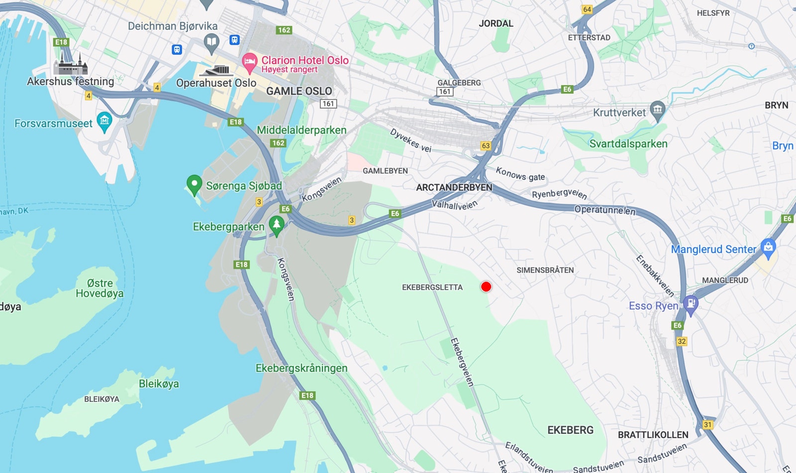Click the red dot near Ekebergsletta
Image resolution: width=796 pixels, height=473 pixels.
486,286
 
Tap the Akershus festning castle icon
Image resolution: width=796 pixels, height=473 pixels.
70,64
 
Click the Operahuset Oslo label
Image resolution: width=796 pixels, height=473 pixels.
216,83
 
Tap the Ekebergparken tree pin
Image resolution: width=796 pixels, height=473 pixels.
277,225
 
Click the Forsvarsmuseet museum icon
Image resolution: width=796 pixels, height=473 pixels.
104,121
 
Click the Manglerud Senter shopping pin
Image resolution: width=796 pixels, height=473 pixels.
769,248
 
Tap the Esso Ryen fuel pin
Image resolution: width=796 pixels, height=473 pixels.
691,304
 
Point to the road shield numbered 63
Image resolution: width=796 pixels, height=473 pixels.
486,146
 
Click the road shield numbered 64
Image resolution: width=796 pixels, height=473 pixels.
587,9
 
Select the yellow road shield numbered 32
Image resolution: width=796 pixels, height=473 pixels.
682,341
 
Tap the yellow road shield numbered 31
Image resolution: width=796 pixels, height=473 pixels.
708,425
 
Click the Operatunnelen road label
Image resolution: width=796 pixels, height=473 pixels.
605,210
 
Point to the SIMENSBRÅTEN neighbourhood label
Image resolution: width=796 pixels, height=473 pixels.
545,270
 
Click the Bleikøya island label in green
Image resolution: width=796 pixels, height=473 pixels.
159,383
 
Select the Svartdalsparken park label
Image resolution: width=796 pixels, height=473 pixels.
628,144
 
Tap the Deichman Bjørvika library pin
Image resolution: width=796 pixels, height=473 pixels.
211,43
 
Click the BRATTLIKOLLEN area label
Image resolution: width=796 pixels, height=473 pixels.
653,435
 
